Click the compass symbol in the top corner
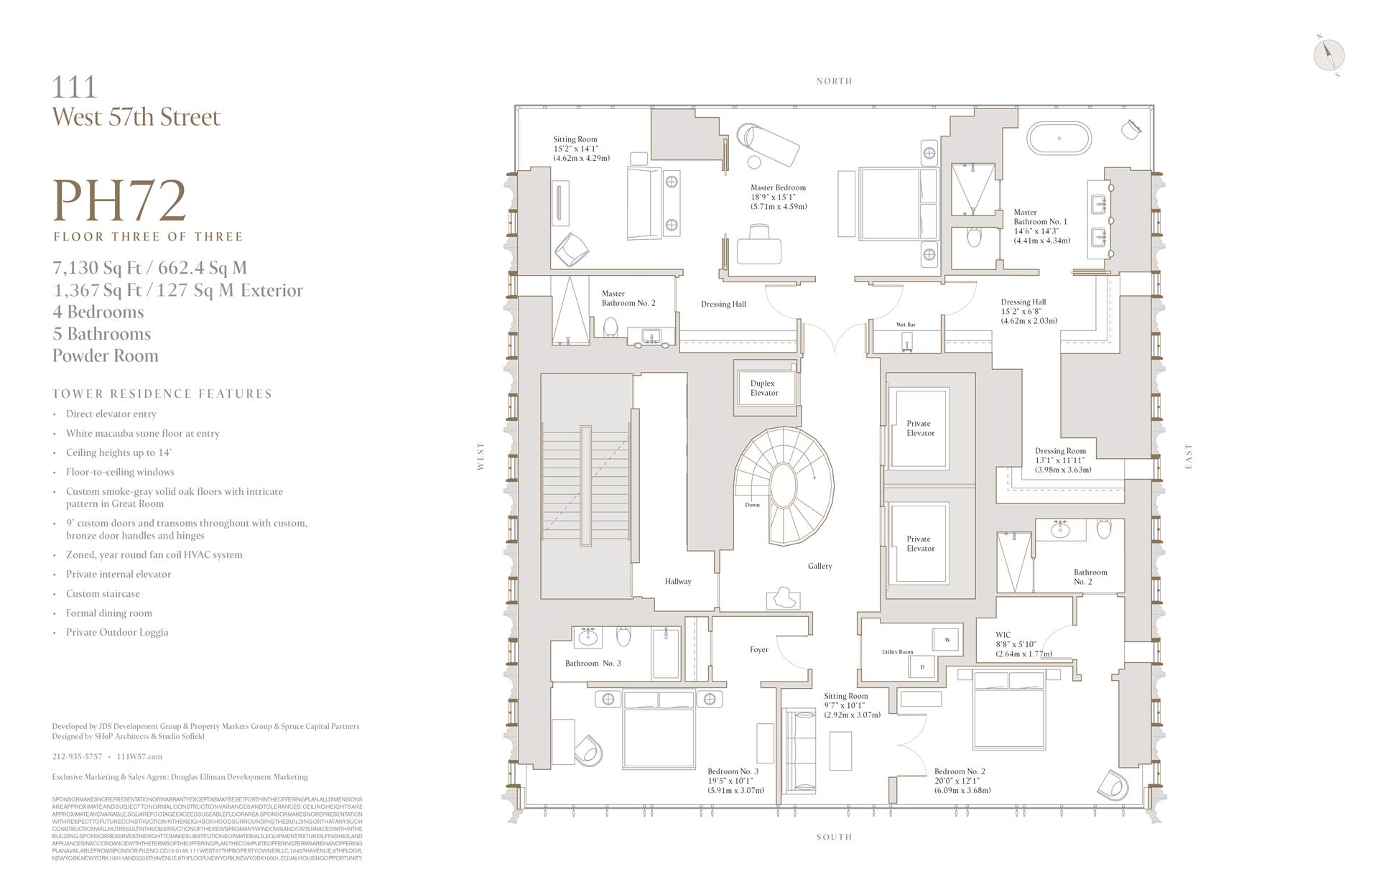[x=1328, y=55]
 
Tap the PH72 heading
[x=120, y=201]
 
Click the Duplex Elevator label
[x=763, y=388]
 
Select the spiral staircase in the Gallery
[x=787, y=486]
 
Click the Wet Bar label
[x=906, y=325]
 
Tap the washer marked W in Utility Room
[x=947, y=639]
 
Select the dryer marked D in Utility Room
[x=922, y=667]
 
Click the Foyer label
[x=758, y=649]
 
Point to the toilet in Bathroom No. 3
[x=623, y=636]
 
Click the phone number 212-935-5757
[x=77, y=756]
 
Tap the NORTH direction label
[x=834, y=81]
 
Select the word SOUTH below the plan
[x=834, y=837]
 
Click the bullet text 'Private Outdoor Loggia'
[x=117, y=632]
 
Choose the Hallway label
[x=677, y=581]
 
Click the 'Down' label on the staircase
[x=752, y=505]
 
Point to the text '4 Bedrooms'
[x=98, y=312]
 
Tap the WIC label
[x=1003, y=635]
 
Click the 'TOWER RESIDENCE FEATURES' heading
[x=162, y=394]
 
